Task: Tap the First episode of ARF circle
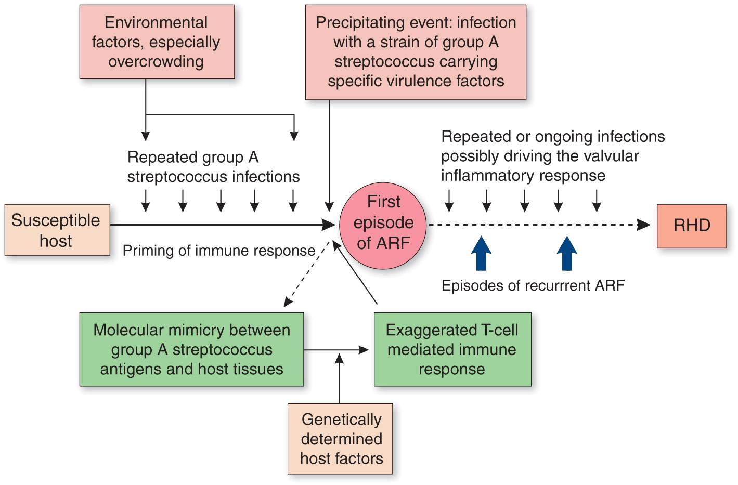click(x=383, y=225)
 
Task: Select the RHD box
click(x=691, y=226)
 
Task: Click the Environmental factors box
click(x=157, y=42)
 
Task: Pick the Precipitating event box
click(x=416, y=52)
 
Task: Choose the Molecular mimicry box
click(x=191, y=349)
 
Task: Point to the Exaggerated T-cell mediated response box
click(x=452, y=349)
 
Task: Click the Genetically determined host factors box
click(x=340, y=439)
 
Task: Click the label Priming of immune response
click(x=219, y=251)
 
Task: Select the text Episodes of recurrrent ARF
click(x=533, y=285)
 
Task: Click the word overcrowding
click(x=156, y=62)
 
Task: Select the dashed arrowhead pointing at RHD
click(x=644, y=225)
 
